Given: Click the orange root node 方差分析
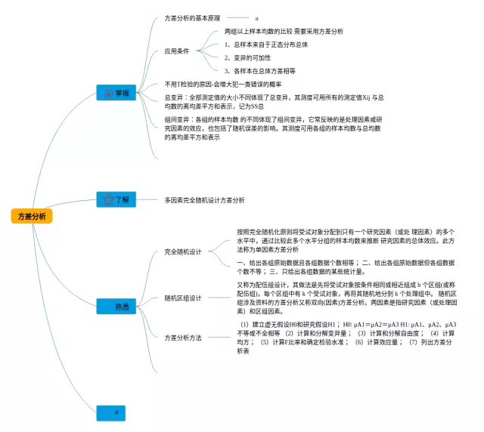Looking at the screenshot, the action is [x=32, y=216].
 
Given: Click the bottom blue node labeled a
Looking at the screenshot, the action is [x=116, y=412].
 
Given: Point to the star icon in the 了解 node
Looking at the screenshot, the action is [x=107, y=200].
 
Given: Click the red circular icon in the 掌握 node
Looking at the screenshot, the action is [x=107, y=93].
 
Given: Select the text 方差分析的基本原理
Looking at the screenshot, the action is [x=194, y=17].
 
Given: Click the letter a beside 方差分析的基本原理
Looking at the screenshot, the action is [x=257, y=17].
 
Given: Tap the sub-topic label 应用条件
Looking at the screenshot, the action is [x=177, y=51].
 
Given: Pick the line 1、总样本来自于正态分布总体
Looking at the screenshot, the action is [x=266, y=45].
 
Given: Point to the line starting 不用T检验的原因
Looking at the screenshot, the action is [x=228, y=84].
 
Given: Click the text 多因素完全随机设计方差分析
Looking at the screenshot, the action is [x=204, y=200].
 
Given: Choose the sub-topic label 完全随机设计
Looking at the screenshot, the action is [x=183, y=251].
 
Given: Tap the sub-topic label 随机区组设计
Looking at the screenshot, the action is [x=183, y=298].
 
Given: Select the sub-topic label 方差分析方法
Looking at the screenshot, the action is [x=183, y=338].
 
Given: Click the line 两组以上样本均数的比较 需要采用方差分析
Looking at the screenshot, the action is [x=284, y=32].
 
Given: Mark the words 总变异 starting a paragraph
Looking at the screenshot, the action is [x=173, y=97].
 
